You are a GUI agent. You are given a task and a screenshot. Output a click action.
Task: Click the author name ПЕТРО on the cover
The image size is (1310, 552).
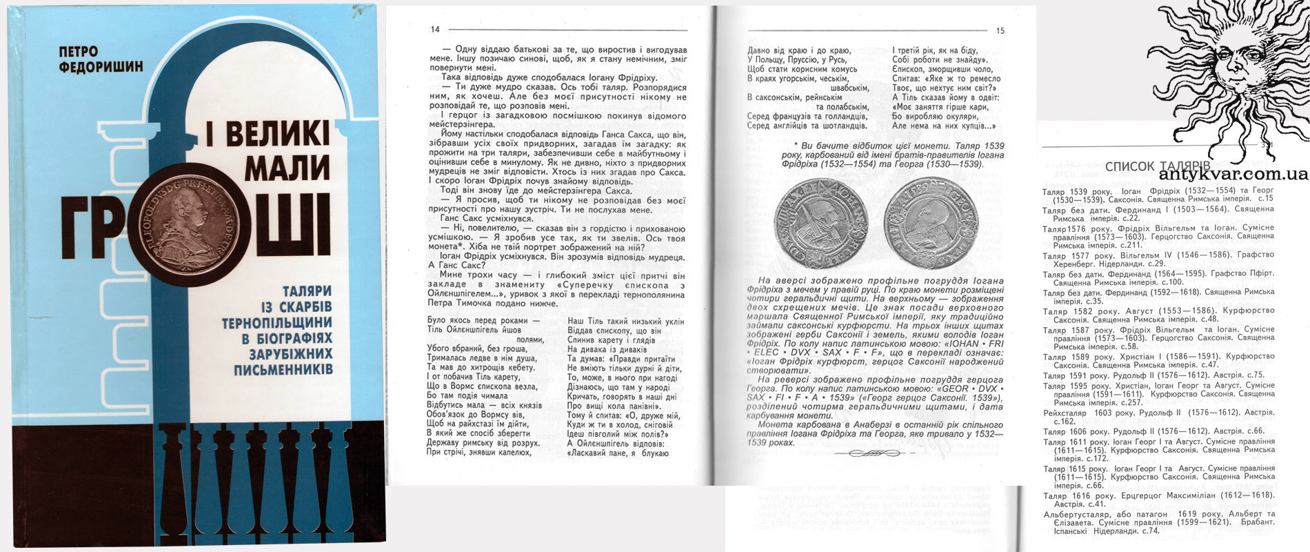79,52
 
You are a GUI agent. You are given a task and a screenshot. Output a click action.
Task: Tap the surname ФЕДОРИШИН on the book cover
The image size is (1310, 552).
101,67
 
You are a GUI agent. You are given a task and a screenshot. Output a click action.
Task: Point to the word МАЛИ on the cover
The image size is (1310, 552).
287,168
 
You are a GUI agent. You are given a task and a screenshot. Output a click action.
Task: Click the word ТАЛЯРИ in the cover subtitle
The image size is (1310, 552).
307,291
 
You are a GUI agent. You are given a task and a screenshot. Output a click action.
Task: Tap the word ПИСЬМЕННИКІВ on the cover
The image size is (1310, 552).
283,370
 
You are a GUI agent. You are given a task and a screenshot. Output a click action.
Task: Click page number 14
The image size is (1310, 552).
435,30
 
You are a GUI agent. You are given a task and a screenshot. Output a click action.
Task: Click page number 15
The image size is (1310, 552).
1000,30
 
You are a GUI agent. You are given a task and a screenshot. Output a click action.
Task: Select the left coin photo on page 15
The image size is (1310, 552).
820,224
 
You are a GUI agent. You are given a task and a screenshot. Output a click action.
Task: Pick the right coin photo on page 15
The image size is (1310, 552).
931,222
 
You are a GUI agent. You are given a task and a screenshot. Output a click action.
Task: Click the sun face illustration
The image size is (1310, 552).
1227,69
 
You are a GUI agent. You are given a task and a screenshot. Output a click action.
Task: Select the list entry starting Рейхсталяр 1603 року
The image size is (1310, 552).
1158,417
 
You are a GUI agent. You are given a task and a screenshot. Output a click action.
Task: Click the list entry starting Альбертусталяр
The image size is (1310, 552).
1158,522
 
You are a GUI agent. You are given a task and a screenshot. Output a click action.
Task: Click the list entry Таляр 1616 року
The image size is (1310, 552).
1158,500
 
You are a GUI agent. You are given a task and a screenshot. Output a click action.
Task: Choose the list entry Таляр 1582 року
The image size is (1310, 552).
1158,315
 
